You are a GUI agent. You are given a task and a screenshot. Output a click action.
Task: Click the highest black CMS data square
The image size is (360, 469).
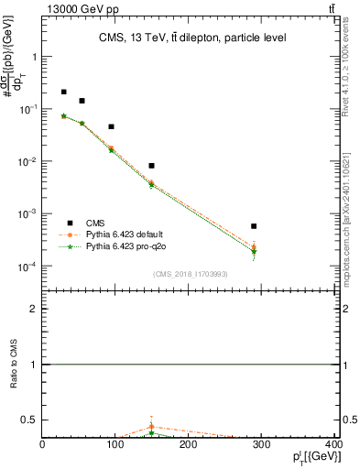[63, 92]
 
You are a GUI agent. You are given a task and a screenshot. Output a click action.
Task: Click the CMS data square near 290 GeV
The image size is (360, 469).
[254, 225]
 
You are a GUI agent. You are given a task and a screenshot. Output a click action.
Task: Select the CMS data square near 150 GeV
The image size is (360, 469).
[151, 165]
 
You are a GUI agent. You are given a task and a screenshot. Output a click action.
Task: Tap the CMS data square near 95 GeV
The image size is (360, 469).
[111, 126]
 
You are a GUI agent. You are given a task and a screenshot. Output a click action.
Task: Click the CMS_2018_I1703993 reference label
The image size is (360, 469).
[190, 274]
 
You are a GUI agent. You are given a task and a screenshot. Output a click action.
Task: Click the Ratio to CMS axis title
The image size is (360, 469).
[14, 365]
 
